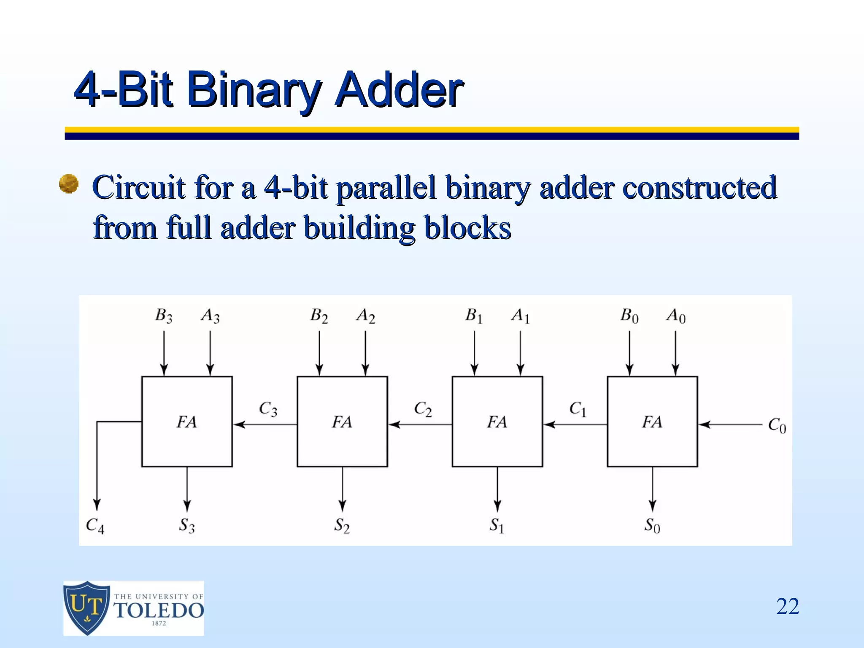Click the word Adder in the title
point(399,89)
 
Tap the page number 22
point(787,607)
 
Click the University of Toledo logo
point(133,608)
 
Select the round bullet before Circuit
point(68,184)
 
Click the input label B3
point(164,316)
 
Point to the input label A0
point(676,316)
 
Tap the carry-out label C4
point(95,526)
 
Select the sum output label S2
point(342,526)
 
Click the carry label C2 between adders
point(423,409)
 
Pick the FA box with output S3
point(187,421)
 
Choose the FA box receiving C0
point(652,421)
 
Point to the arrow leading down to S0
point(653,489)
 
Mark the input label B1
point(474,316)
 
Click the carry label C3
point(268,409)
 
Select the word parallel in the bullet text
point(386,187)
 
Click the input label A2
point(365,316)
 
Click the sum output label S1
point(497,526)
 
